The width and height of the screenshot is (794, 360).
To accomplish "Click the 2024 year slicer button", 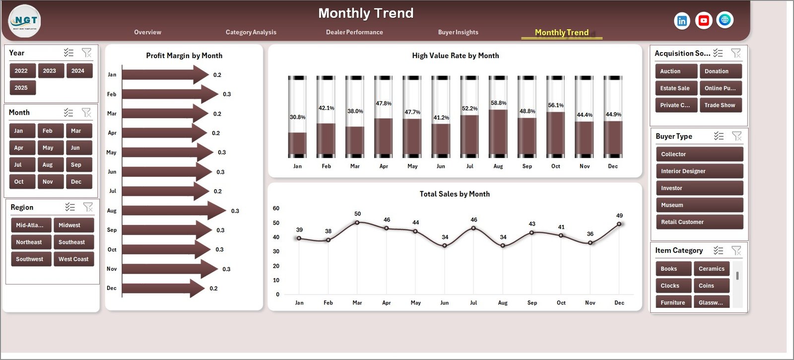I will [78, 71].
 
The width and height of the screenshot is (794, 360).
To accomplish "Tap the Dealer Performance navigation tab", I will [354, 32].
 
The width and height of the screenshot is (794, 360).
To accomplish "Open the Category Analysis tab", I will [251, 32].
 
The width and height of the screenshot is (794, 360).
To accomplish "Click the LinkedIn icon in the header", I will [682, 21].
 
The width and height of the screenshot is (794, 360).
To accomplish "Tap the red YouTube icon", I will [703, 20].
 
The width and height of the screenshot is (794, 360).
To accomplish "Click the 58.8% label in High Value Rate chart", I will [498, 103].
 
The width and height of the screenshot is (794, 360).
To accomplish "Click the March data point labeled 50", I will [357, 222].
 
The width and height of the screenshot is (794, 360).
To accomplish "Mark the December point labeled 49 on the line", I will [619, 224].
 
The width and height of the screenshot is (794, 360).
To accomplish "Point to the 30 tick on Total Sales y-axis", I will [276, 252].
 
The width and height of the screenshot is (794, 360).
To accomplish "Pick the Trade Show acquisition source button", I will [720, 105].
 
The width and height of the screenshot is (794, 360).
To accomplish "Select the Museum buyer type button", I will [699, 205].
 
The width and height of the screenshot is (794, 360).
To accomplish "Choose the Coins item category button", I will [711, 286].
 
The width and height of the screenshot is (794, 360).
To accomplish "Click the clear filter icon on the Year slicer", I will [87, 53].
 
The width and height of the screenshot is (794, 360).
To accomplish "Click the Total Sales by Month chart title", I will [455, 194].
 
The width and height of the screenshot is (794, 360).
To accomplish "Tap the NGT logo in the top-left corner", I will [25, 21].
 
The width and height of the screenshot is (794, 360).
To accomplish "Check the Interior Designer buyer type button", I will [699, 171].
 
